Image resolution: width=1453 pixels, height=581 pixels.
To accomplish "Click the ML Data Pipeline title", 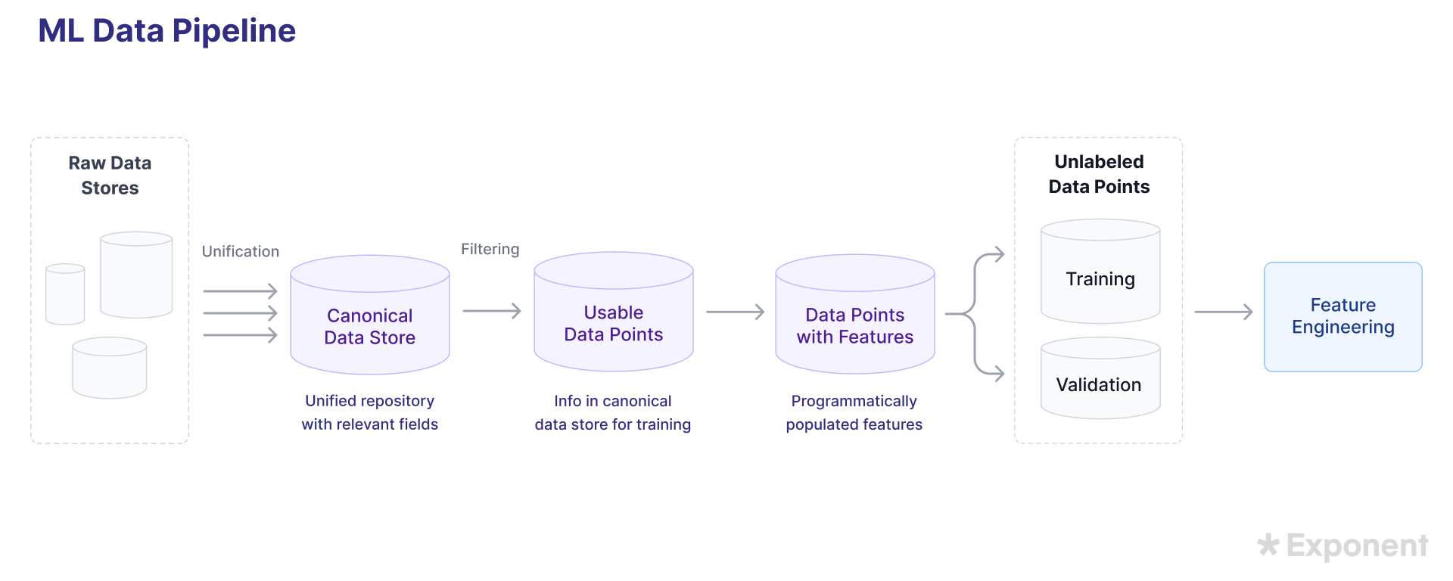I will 166,31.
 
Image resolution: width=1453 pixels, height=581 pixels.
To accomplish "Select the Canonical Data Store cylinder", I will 369,325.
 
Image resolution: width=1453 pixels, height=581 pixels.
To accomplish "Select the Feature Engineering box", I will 1343,316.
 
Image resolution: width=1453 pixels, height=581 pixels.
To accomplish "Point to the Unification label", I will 240,251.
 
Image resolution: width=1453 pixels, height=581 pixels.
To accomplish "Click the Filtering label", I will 490,249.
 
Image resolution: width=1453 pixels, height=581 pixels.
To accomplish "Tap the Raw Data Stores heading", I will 110,176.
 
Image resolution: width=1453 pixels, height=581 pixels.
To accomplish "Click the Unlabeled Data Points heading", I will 1099,174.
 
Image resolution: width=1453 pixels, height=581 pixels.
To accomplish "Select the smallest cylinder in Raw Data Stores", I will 65,295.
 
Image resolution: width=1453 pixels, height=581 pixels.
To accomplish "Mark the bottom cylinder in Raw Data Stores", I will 110,368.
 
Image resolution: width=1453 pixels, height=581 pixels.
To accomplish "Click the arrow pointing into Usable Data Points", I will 492,311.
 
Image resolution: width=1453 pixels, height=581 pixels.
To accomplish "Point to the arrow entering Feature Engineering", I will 1223,312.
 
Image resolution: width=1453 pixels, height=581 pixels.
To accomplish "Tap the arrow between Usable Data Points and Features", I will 735,312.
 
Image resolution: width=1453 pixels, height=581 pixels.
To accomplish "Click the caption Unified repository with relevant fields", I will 369,412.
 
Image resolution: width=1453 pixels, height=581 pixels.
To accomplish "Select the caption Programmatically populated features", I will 854,412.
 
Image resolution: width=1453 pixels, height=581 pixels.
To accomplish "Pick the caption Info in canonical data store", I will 612,412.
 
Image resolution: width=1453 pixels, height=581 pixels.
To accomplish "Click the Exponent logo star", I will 1268,545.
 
